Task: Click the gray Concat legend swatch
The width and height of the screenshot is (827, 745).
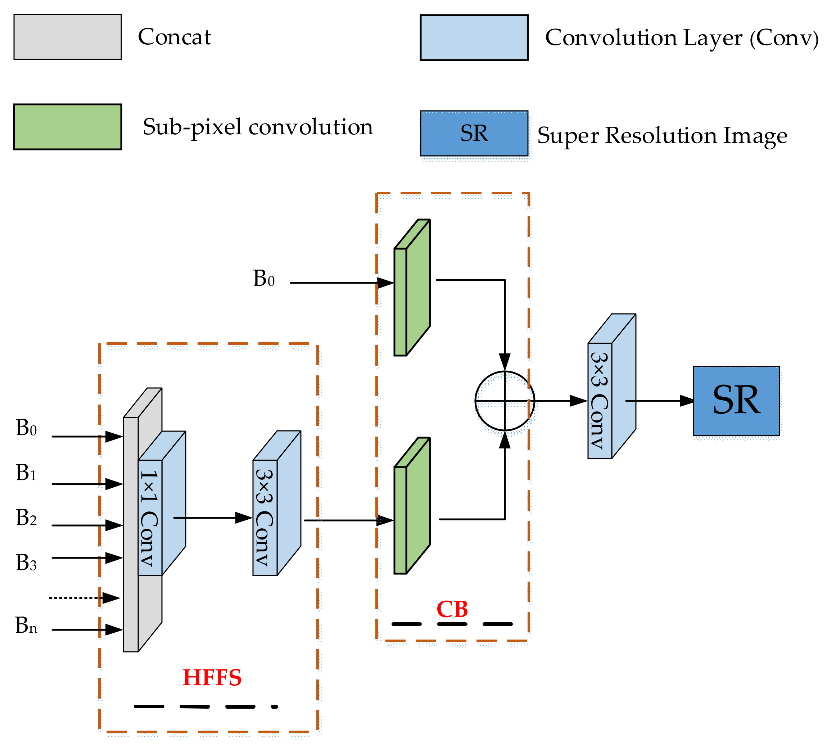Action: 68,37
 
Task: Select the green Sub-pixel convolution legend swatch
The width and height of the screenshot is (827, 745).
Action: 68,127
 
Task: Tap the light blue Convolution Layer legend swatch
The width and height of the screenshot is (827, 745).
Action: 474,38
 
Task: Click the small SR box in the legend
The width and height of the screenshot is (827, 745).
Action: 474,134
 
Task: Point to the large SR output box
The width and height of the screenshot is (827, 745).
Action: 736,401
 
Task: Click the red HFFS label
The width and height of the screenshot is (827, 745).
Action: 212,677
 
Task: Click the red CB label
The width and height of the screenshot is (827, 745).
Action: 452,610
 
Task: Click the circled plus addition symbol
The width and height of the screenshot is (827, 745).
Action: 505,401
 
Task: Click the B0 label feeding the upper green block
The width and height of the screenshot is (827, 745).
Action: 263,279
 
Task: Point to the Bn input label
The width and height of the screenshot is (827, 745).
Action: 26,625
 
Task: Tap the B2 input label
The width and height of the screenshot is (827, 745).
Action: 26,518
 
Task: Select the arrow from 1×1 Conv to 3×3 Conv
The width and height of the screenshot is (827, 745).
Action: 213,518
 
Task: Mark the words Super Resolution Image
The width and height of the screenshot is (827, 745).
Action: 662,135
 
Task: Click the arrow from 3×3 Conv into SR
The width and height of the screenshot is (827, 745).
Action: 659,401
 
